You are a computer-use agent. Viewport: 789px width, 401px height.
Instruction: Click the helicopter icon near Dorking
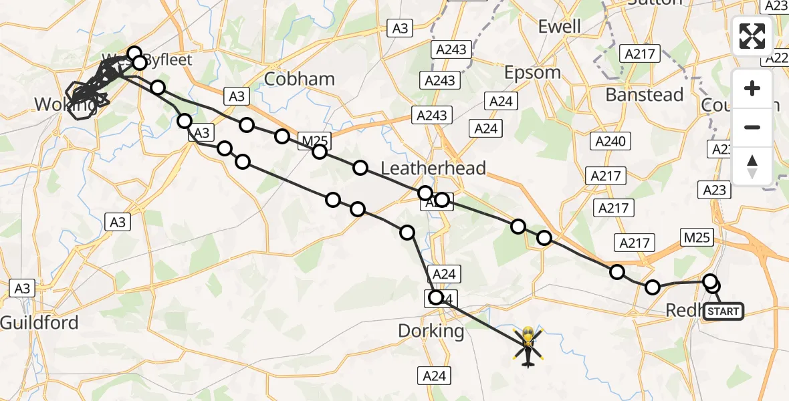pyautogui.click(x=528, y=346)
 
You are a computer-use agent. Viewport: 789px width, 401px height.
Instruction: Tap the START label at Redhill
pyautogui.click(x=723, y=311)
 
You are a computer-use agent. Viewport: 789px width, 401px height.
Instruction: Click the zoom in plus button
pyautogui.click(x=752, y=89)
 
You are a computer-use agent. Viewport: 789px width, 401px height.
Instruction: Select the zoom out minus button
pyautogui.click(x=752, y=127)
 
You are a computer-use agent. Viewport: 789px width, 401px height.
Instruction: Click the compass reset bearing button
pyautogui.click(x=752, y=166)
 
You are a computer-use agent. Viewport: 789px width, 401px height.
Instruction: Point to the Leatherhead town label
pyautogui.click(x=433, y=168)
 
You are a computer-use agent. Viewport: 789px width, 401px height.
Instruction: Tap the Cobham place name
pyautogui.click(x=300, y=79)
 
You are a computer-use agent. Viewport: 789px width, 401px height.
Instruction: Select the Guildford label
pyautogui.click(x=39, y=323)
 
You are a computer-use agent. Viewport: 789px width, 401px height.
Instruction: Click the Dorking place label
pyautogui.click(x=431, y=330)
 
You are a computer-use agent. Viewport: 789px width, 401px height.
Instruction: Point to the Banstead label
pyautogui.click(x=645, y=95)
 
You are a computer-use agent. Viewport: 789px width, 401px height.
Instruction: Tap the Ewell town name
pyautogui.click(x=560, y=27)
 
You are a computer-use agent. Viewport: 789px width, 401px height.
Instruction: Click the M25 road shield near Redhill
pyautogui.click(x=698, y=236)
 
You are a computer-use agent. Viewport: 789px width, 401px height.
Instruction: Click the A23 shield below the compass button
pyautogui.click(x=714, y=190)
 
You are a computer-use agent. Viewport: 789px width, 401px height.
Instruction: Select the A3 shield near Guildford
pyautogui.click(x=23, y=288)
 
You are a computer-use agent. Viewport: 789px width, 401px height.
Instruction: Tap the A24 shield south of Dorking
pyautogui.click(x=435, y=376)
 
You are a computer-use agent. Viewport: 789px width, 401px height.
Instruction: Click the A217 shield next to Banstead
pyautogui.click(x=640, y=53)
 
